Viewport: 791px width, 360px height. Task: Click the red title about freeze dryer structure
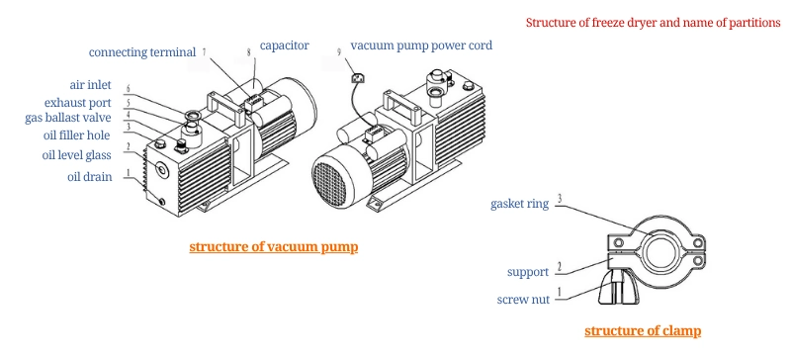pos(653,22)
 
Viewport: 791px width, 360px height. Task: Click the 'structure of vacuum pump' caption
pos(273,246)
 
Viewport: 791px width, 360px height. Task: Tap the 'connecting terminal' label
pos(142,52)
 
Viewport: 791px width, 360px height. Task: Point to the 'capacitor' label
pos(285,45)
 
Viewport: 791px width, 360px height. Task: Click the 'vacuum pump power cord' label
pos(421,45)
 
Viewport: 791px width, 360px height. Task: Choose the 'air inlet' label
pos(95,86)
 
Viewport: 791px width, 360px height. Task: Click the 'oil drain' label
pos(92,177)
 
